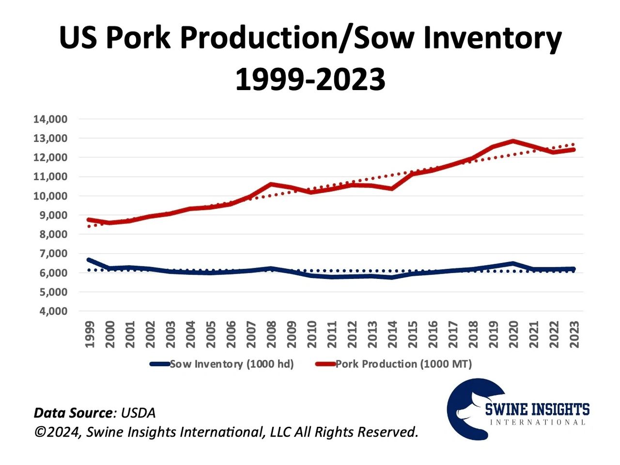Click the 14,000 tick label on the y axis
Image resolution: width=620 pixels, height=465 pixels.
tap(50, 119)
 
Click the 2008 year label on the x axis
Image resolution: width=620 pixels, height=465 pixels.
tap(272, 335)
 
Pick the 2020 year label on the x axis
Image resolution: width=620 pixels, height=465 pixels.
tap(514, 335)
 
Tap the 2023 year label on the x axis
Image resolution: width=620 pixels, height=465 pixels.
tap(574, 335)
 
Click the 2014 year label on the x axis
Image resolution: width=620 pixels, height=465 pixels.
tap(393, 335)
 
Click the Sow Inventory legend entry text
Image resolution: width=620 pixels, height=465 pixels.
tap(232, 364)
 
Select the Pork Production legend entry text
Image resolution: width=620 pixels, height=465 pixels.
tap(403, 364)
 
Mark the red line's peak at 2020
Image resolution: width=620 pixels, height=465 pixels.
tap(514, 141)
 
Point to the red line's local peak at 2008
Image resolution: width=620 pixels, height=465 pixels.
tap(272, 184)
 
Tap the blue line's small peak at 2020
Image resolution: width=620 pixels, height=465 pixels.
tap(514, 263)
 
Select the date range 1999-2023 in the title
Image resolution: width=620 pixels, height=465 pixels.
tap(310, 79)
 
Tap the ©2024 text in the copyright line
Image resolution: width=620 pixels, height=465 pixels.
tap(58, 432)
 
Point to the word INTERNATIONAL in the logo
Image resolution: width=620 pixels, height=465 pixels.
tap(538, 422)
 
